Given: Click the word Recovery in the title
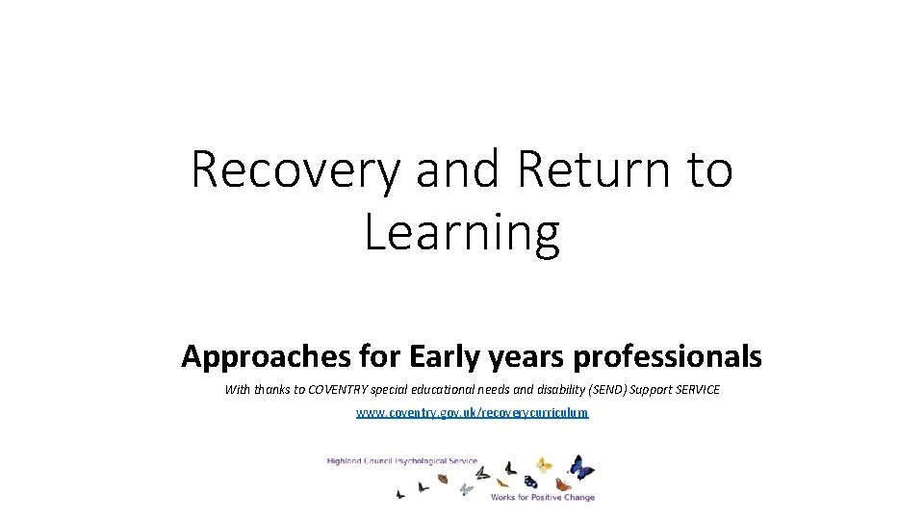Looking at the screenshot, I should click(x=295, y=170).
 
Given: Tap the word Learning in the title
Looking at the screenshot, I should click(x=462, y=234).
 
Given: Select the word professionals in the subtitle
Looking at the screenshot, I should click(x=668, y=357).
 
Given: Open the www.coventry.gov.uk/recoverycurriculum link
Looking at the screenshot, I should click(x=472, y=412).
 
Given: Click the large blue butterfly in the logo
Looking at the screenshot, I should click(x=580, y=468).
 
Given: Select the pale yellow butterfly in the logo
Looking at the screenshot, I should click(x=545, y=465).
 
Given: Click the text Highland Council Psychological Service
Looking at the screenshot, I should click(x=401, y=461).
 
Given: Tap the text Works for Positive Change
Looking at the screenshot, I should click(x=542, y=498).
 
